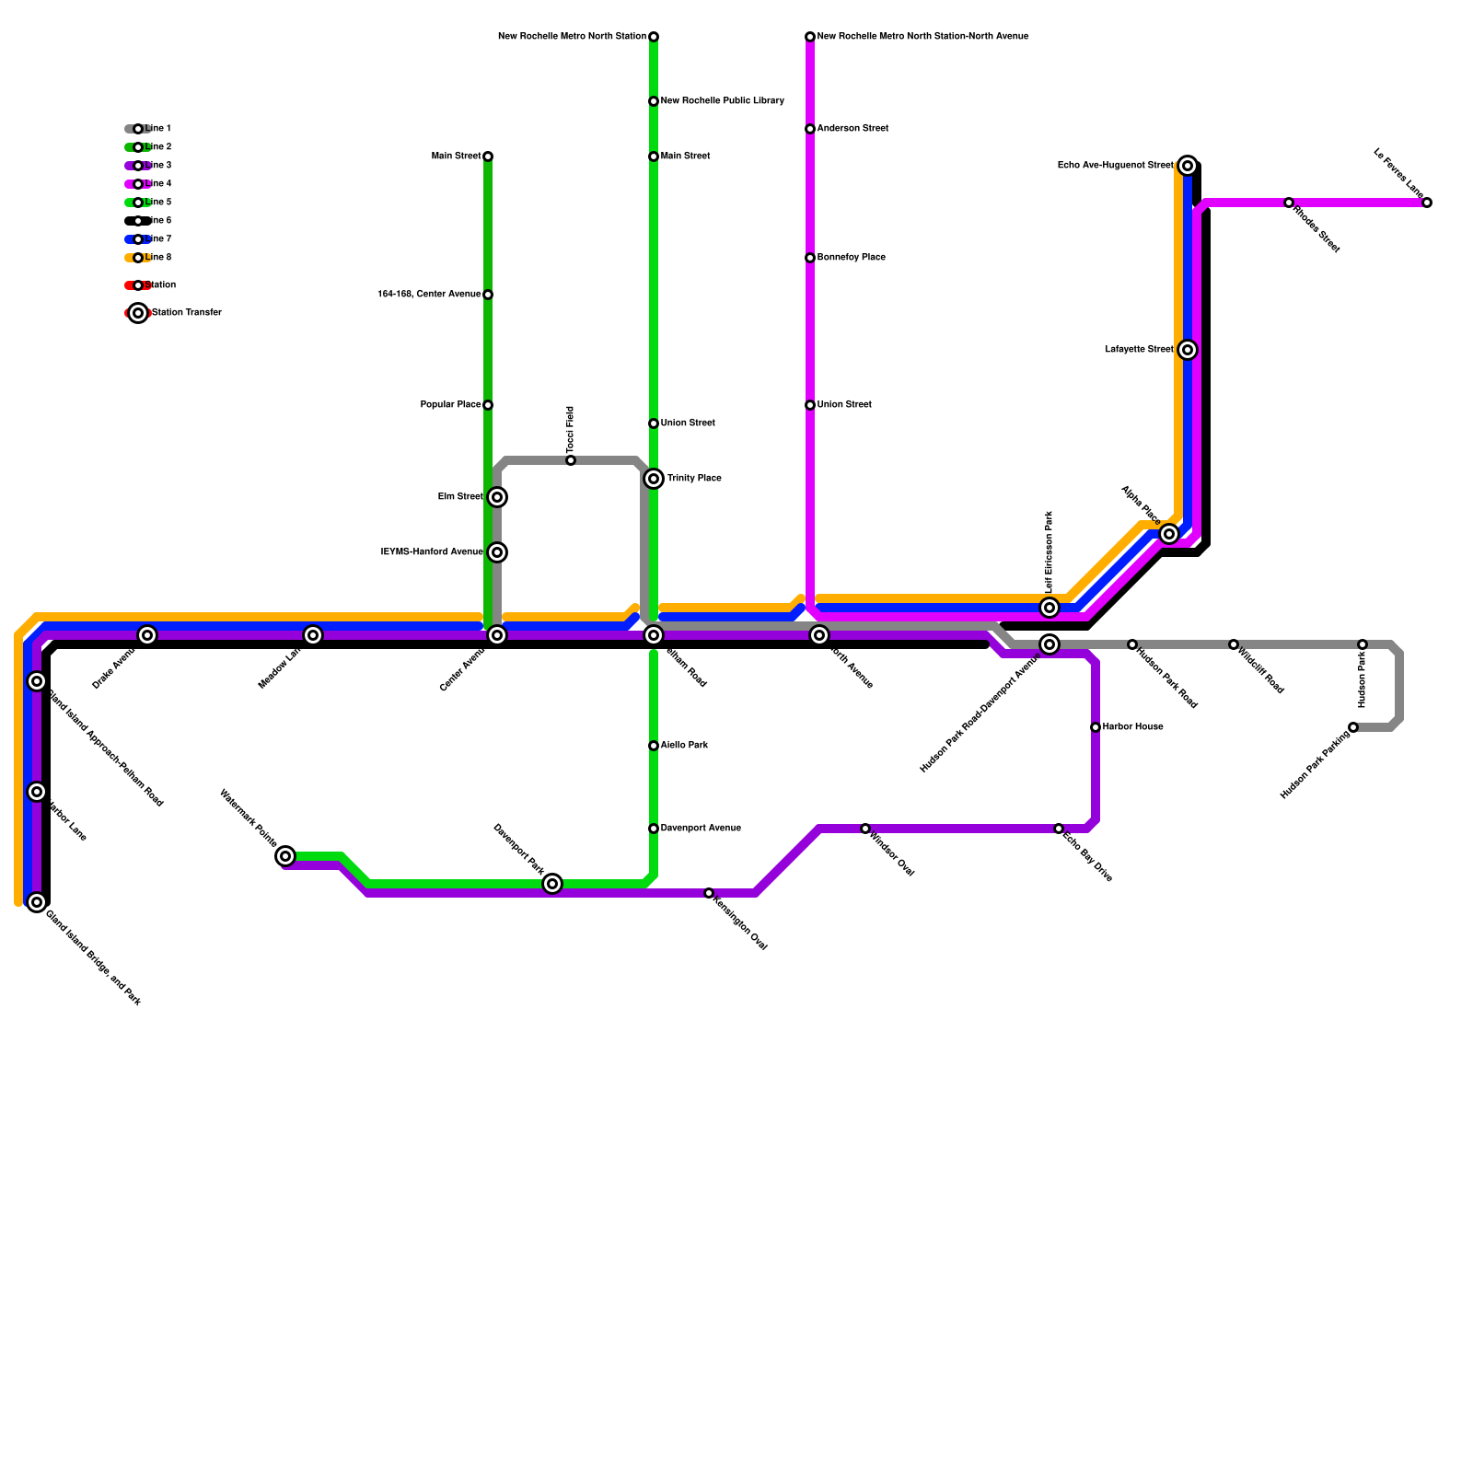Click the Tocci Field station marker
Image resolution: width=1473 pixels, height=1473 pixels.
[571, 460]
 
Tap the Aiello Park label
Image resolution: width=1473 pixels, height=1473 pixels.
[684, 746]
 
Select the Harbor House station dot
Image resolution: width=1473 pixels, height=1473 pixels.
[1096, 727]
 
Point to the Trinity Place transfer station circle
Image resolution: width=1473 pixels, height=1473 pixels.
[654, 479]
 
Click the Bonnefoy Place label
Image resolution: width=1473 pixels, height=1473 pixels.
[851, 258]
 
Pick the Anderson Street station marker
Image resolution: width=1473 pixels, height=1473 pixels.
[810, 129]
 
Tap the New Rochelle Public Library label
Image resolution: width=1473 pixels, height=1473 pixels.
[722, 101]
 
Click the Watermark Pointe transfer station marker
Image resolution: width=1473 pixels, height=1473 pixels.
[285, 856]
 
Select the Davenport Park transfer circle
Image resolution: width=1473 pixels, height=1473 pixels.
[552, 884]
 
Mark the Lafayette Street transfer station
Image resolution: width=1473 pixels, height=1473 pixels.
[1188, 350]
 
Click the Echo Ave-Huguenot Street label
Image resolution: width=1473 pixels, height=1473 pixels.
[1115, 166]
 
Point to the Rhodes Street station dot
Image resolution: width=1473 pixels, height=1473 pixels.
[1289, 203]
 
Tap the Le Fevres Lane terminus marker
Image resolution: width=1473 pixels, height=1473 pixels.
[1427, 203]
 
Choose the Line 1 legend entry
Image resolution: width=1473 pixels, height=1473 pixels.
[138, 129]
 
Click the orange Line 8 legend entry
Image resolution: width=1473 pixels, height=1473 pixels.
[138, 258]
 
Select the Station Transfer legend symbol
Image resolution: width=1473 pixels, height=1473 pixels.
[138, 313]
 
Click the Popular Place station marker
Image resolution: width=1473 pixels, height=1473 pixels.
[488, 405]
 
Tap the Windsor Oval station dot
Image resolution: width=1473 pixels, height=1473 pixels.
[865, 829]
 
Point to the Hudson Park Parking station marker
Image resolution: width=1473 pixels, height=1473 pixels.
[1353, 727]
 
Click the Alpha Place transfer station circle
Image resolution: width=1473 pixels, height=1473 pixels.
[1169, 534]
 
